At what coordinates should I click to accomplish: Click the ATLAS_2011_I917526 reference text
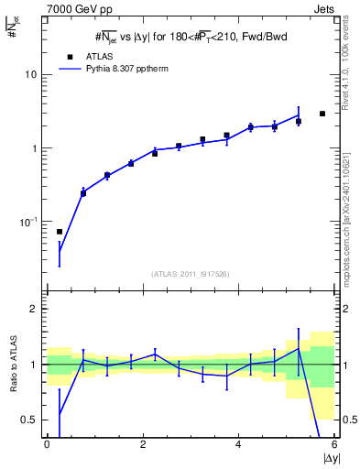pos(189,274)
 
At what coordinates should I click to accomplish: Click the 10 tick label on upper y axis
pos(30,74)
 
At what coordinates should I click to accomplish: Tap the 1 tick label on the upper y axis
pos(34,148)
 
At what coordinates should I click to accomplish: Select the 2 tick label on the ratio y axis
pos(34,309)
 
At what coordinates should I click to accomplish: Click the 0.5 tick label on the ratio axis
pos(29,420)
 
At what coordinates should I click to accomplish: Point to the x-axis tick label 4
pos(238,444)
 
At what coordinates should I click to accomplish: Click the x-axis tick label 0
pos(47,444)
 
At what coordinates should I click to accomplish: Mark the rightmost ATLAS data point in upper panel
pos(322,114)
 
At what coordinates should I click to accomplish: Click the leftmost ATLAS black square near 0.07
pos(60,232)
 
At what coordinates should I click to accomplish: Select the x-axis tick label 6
pos(334,444)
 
